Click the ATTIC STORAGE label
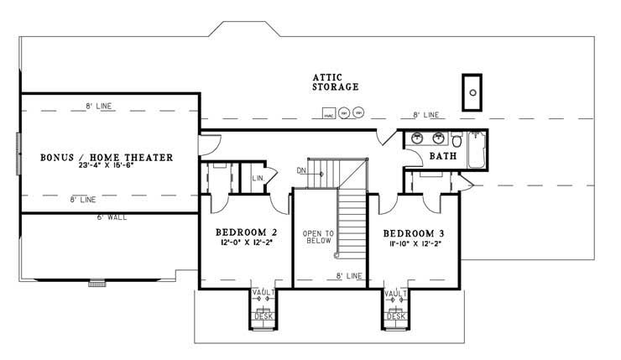tap(336, 81)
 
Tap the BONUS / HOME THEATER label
tap(107, 157)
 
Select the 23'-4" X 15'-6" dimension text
tap(107, 167)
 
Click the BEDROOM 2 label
tap(246, 232)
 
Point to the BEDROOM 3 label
tap(414, 232)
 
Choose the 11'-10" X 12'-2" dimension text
tap(414, 243)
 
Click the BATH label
tap(442, 156)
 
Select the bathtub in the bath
tap(477, 151)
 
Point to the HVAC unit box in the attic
tap(329, 113)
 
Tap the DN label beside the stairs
tap(301, 171)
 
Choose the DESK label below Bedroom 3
tap(396, 316)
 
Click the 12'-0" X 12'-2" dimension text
tap(246, 243)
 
